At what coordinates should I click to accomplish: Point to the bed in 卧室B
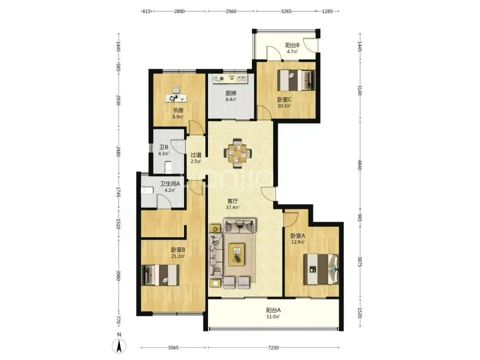(161, 275)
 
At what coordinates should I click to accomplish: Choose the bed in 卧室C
(296, 80)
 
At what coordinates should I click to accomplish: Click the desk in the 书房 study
(176, 98)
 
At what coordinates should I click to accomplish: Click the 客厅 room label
(232, 201)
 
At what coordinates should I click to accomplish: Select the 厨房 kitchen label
(231, 93)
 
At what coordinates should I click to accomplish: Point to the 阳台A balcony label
(273, 310)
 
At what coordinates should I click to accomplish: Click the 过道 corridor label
(196, 155)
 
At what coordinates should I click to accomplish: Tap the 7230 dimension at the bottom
(273, 348)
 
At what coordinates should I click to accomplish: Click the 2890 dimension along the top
(180, 11)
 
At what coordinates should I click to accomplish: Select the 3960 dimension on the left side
(119, 275)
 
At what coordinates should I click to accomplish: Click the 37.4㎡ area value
(232, 207)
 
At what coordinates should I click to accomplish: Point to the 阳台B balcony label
(292, 45)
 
